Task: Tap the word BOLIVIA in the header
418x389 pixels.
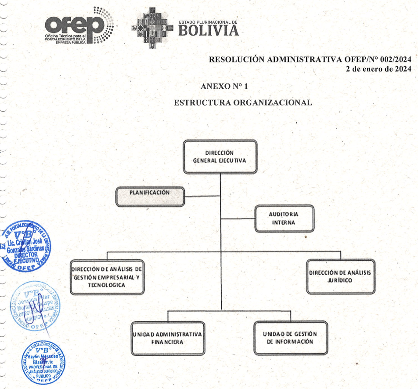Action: click(x=209, y=30)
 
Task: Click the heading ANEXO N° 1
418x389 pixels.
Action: click(x=224, y=86)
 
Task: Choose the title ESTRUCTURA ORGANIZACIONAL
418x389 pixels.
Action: click(x=243, y=103)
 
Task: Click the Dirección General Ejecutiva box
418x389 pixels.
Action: click(x=220, y=157)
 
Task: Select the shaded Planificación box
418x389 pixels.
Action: click(x=150, y=196)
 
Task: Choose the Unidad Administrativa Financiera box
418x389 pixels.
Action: click(x=167, y=338)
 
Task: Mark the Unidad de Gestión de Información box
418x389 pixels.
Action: click(x=290, y=338)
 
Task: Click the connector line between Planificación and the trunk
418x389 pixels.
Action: click(x=202, y=196)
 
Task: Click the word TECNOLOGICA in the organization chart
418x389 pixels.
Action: click(x=106, y=285)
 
